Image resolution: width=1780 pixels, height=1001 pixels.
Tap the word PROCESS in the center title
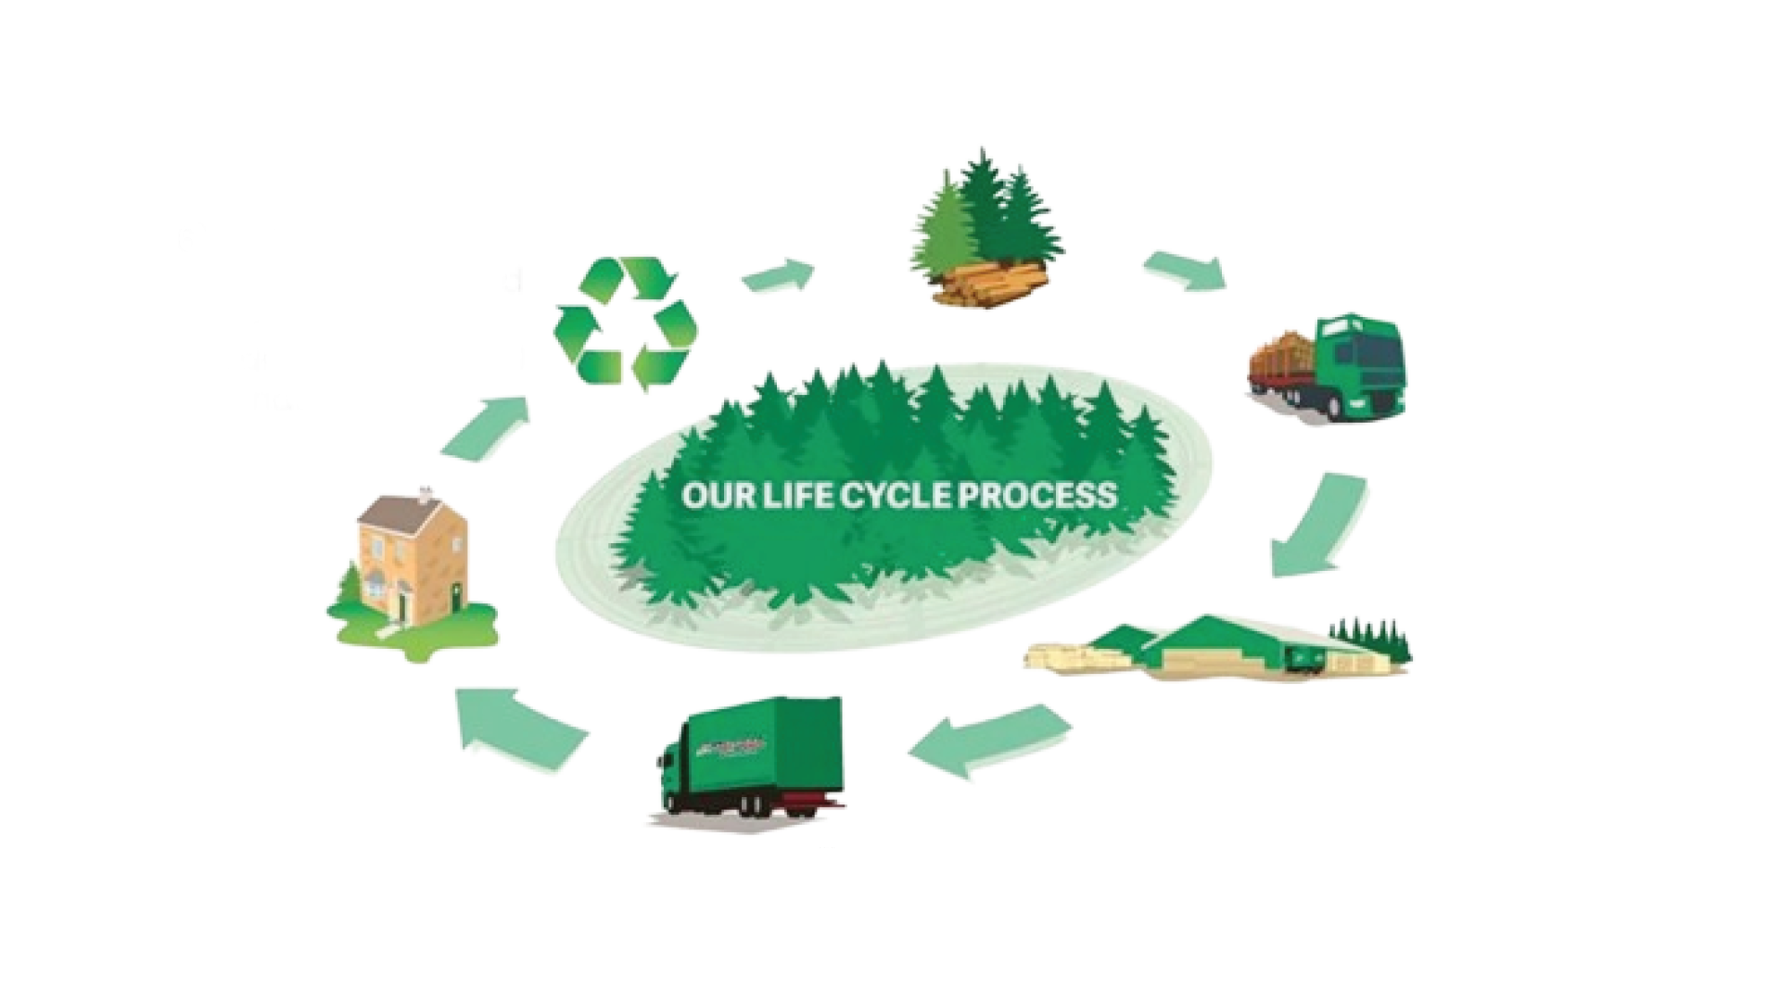click(x=1036, y=495)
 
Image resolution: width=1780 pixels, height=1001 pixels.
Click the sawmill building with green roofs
click(x=1224, y=649)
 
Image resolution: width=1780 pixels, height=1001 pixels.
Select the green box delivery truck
click(x=751, y=760)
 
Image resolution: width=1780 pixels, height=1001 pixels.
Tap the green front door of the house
click(x=404, y=607)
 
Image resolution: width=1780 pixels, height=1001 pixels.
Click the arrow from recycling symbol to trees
click(x=779, y=275)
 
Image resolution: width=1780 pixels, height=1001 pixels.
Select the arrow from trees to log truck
click(x=1185, y=269)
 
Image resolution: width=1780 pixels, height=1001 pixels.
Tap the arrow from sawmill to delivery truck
click(x=987, y=741)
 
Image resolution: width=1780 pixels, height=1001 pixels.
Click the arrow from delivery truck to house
click(x=519, y=728)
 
